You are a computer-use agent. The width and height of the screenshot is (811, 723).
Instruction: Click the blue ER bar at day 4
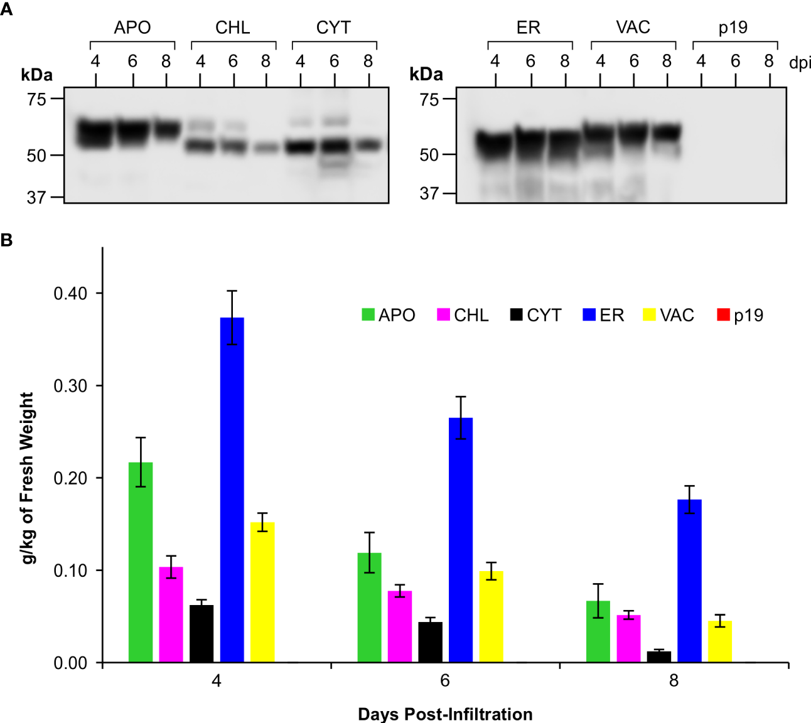(232, 490)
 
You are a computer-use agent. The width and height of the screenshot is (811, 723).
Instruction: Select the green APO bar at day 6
(369, 608)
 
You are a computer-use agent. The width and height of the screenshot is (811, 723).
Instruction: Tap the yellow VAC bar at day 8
(719, 641)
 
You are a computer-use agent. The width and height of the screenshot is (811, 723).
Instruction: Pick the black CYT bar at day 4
(201, 633)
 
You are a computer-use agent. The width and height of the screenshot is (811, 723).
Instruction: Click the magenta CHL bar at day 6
(400, 626)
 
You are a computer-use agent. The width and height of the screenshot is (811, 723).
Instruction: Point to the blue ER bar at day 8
(689, 581)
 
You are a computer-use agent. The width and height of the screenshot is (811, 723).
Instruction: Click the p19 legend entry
(740, 315)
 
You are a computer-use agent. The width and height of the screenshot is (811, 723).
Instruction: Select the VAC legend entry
(669, 315)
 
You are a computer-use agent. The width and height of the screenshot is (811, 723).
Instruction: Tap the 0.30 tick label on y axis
(70, 386)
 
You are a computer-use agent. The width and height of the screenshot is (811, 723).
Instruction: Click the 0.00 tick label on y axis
(70, 663)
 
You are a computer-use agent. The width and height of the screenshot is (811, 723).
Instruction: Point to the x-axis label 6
(445, 681)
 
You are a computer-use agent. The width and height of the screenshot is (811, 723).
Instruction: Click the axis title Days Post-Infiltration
(445, 714)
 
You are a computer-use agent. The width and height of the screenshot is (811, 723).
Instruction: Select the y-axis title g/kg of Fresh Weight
(28, 478)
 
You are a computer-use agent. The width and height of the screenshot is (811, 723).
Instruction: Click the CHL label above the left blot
(232, 28)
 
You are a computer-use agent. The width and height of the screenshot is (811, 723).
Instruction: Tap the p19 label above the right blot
(733, 28)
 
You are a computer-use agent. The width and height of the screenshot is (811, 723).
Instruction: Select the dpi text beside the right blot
(800, 63)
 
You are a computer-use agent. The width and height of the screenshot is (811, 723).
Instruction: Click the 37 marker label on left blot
(36, 198)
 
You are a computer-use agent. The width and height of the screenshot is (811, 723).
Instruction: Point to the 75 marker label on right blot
(429, 99)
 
